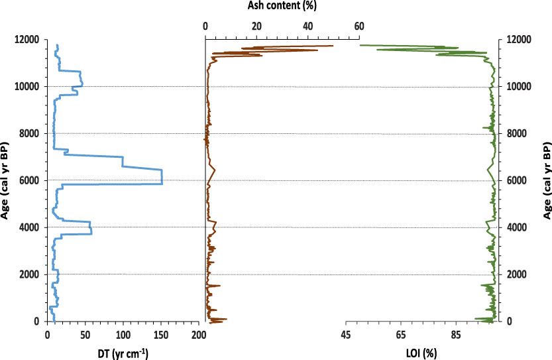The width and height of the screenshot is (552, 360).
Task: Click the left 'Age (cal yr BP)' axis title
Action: tap(6, 181)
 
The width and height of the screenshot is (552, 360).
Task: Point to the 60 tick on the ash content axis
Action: tap(359, 27)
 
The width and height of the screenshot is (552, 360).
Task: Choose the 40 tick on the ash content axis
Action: tap(308, 27)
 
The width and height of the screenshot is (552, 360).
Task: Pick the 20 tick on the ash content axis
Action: tap(256, 27)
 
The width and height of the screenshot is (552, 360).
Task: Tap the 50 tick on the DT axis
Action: tap(85, 336)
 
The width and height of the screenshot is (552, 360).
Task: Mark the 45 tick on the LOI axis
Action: tap(346, 336)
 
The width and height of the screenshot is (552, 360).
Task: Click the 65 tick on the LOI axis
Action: tap(401, 336)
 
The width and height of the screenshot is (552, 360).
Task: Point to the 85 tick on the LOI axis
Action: tap(456, 336)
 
